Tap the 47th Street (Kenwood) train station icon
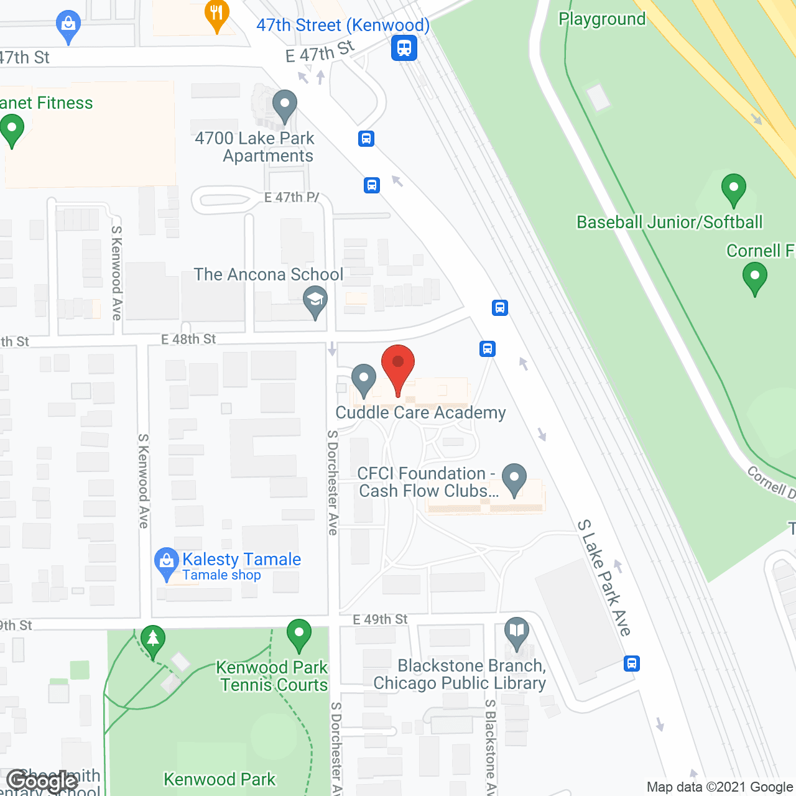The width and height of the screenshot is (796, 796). [x=404, y=47]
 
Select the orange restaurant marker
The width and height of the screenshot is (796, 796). [x=216, y=15]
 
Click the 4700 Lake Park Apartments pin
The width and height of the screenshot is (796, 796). [x=285, y=106]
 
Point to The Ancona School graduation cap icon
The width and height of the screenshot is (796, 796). [x=315, y=302]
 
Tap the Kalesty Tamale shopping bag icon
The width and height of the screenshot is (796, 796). [x=166, y=562]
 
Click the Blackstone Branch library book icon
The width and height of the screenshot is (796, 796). [x=517, y=632]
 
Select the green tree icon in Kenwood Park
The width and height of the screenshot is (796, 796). [x=152, y=640]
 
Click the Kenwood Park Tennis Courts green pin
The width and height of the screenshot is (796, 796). [x=299, y=635]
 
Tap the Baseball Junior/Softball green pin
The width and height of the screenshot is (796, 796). [x=734, y=189]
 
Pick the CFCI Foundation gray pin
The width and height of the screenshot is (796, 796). [x=514, y=479]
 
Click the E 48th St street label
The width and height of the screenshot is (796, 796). [x=188, y=339]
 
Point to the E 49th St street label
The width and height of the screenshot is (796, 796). [x=380, y=619]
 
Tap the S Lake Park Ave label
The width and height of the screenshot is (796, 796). [x=604, y=578]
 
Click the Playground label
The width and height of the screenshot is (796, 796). [x=602, y=19]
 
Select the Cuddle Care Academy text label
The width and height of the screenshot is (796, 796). [x=420, y=413]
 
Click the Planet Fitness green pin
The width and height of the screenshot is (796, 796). [x=12, y=131]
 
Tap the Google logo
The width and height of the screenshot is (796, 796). [x=42, y=781]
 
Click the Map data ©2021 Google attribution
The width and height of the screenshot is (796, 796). [x=720, y=787]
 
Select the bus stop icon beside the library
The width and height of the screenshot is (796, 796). [x=632, y=664]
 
